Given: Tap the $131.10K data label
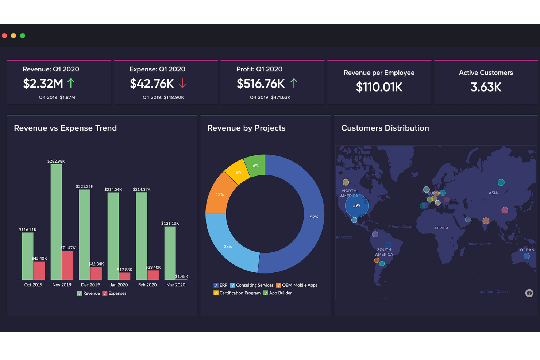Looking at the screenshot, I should click(x=170, y=223).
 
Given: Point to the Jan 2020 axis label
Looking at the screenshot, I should click(x=119, y=285).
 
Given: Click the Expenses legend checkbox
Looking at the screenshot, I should click(x=105, y=293).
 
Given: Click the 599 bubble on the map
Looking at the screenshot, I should click(x=356, y=206).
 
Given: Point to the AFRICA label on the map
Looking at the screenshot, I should click(x=441, y=228).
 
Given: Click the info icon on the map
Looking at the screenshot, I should click(x=529, y=293).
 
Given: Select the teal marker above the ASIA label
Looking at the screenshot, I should click(x=501, y=182).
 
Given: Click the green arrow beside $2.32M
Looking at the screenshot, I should click(x=71, y=83).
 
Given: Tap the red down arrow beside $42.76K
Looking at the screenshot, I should click(x=182, y=84).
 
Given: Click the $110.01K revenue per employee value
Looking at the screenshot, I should click(x=379, y=87).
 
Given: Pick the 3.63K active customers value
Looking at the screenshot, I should click(x=486, y=87).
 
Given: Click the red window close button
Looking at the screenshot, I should click(x=5, y=35).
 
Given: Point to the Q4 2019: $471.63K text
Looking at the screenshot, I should click(x=270, y=97).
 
